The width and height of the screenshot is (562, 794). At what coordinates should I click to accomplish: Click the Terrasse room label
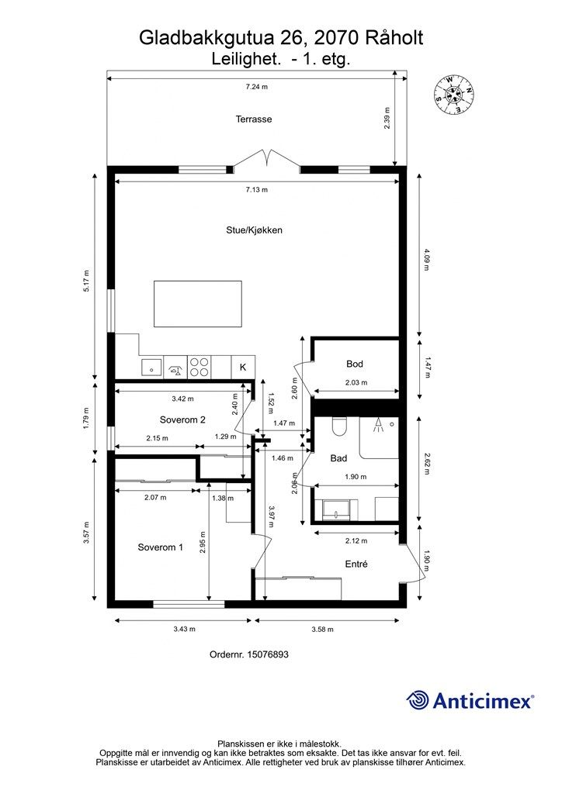pos(254,119)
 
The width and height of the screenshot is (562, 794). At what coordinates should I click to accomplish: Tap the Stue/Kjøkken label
pos(254,230)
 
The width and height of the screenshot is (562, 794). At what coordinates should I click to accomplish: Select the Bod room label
pos(355,364)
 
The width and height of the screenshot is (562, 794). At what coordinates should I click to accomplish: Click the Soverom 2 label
pos(182,419)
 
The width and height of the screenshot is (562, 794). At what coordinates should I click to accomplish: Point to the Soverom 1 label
pos(160,547)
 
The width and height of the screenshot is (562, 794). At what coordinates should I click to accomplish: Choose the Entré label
pos(356,564)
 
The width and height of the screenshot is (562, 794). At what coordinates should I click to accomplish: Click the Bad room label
pos(338,458)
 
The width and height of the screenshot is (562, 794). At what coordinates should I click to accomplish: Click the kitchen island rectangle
pos(198,304)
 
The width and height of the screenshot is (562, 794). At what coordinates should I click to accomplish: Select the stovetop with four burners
pos(199,367)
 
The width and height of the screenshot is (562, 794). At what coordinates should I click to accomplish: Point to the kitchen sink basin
pos(151,368)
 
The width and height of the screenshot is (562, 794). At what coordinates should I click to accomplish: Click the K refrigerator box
pos(243,367)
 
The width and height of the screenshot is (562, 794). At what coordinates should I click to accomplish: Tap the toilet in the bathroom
pos(338,427)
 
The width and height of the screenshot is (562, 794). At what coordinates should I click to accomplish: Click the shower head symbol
pos(378,426)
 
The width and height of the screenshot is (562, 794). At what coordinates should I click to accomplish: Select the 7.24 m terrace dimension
pos(256,87)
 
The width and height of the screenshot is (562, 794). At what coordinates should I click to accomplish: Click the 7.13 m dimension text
pos(256,190)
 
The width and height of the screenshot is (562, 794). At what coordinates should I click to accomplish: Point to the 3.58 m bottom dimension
pos(322,630)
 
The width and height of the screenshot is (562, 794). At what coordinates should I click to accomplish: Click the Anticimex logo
pos(470,701)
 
